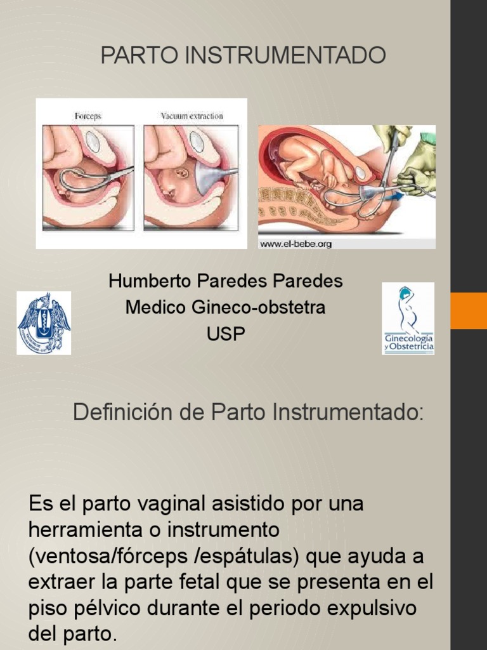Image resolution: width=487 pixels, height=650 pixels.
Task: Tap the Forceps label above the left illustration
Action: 88,116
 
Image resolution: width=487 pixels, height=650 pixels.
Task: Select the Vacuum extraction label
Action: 192,116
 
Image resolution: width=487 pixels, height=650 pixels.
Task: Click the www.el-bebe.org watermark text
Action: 296,243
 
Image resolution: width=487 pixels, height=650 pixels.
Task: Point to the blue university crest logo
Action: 44,322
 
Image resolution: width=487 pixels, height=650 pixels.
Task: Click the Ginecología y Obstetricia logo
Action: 408,318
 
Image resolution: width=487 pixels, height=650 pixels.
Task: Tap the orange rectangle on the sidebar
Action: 469,310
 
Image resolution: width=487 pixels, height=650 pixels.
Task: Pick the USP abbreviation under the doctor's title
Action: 226,334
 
